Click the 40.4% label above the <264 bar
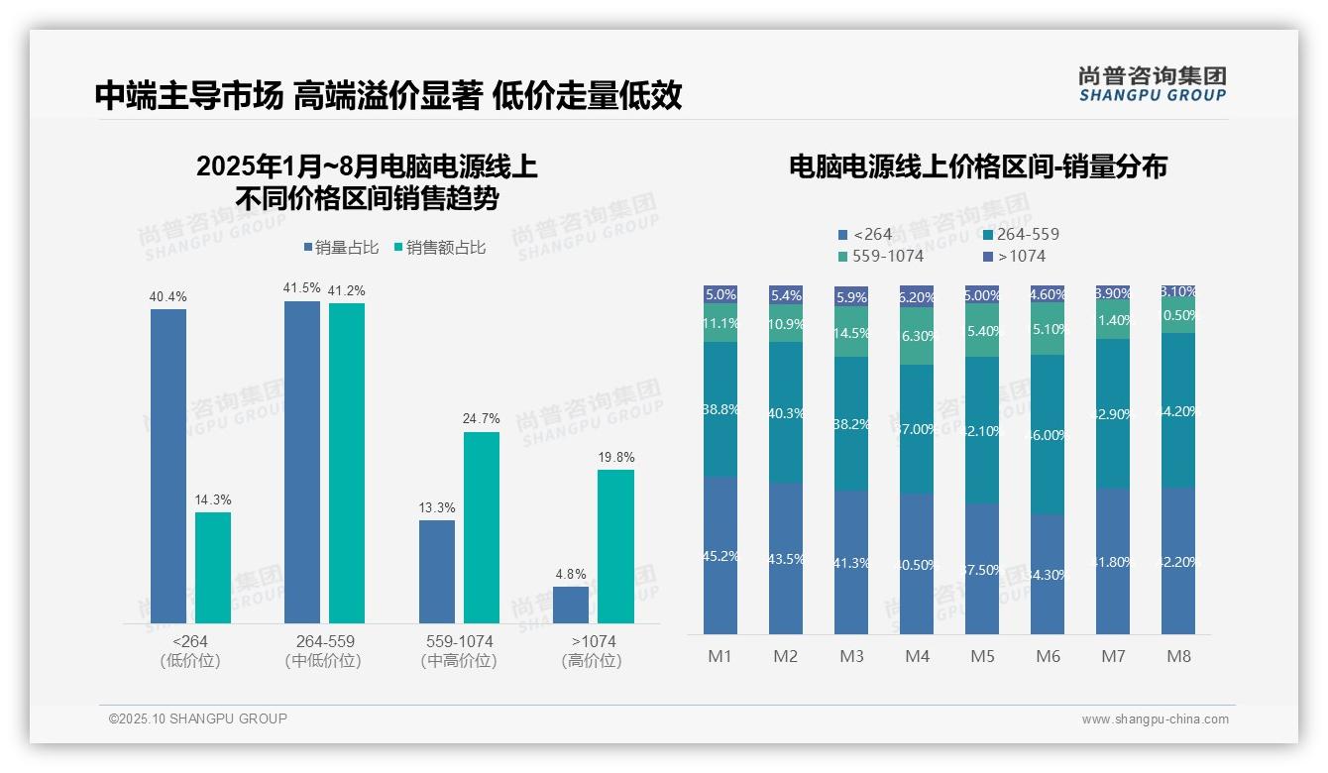tap(167, 296)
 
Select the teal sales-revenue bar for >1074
tap(615, 546)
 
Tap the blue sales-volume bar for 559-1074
tap(436, 572)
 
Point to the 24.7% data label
tap(481, 419)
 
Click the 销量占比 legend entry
tap(340, 248)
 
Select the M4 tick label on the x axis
tap(917, 656)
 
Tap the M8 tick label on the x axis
tap(1178, 656)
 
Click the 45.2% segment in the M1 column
tap(719, 556)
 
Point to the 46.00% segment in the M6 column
tap(1048, 435)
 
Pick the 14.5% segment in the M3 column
tap(851, 332)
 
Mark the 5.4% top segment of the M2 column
tap(786, 295)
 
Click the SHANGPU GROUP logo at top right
tap(1152, 83)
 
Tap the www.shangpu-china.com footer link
tap(1155, 719)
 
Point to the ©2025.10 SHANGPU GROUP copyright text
tap(197, 718)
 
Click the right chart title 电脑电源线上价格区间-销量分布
tap(977, 166)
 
